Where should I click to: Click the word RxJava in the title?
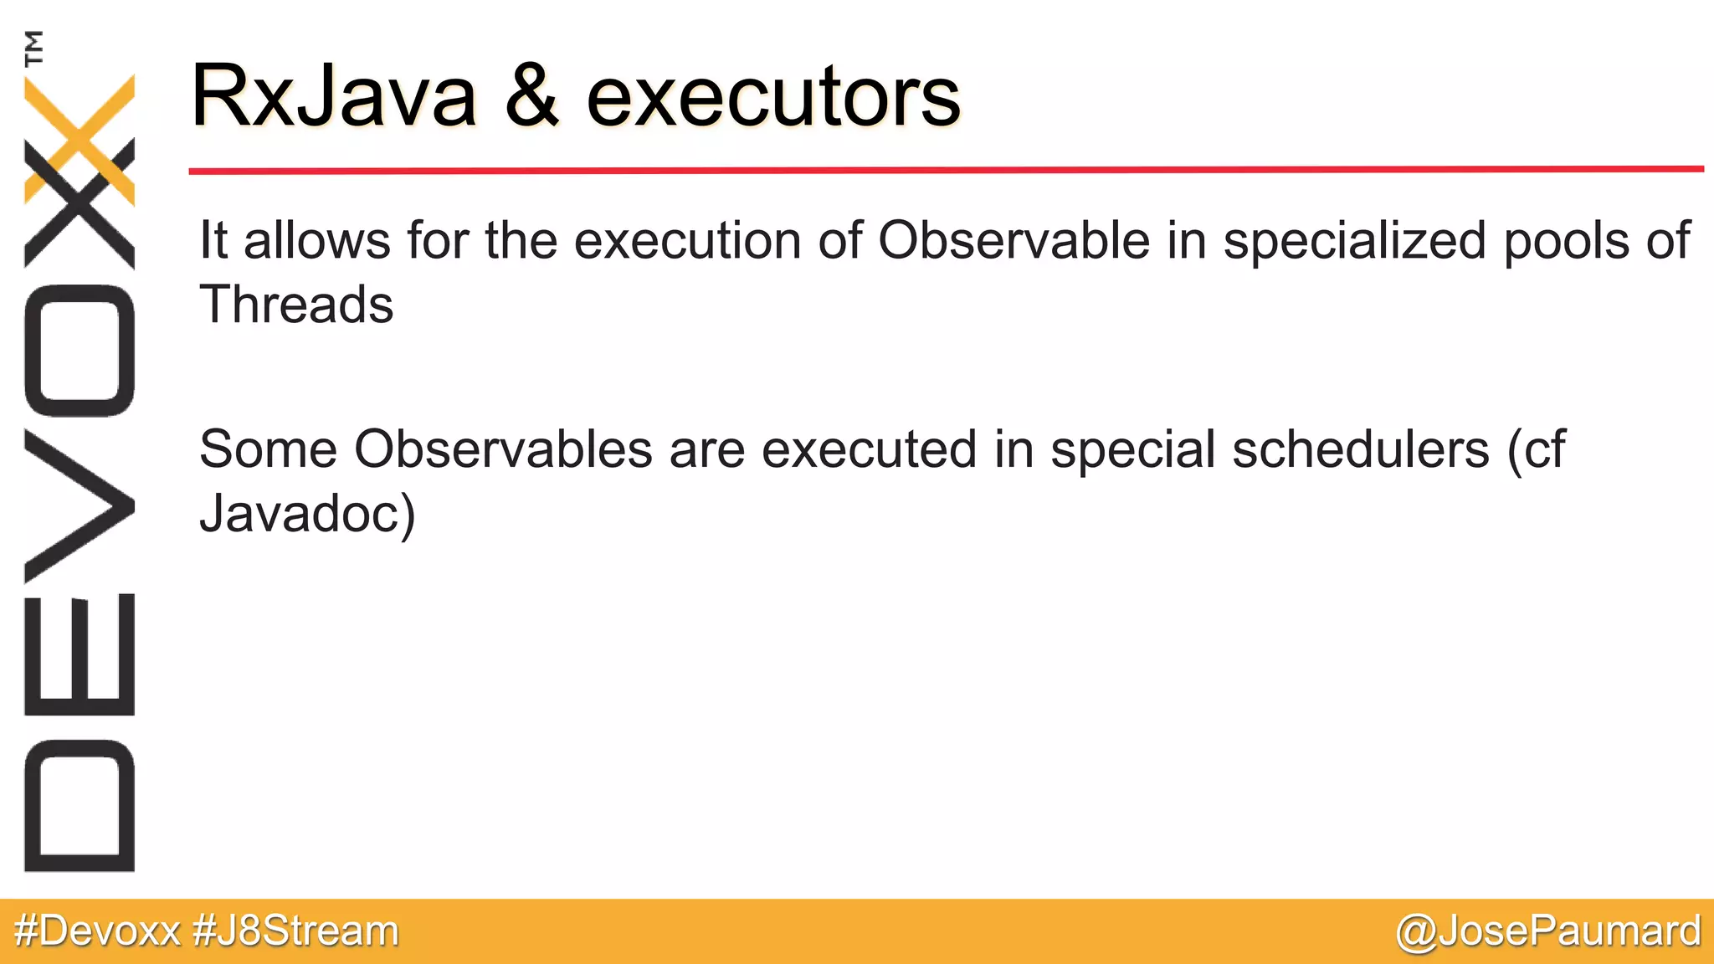(333, 96)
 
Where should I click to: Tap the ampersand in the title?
(531, 96)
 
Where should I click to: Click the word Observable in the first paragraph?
(1014, 241)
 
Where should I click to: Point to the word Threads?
(296, 304)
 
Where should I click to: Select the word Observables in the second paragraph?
(503, 449)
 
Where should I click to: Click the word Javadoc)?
(307, 513)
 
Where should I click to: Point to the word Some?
(268, 449)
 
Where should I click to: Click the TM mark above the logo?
(34, 48)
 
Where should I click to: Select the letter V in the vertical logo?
(80, 506)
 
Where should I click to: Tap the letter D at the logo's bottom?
(80, 805)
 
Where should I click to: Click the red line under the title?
(946, 170)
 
